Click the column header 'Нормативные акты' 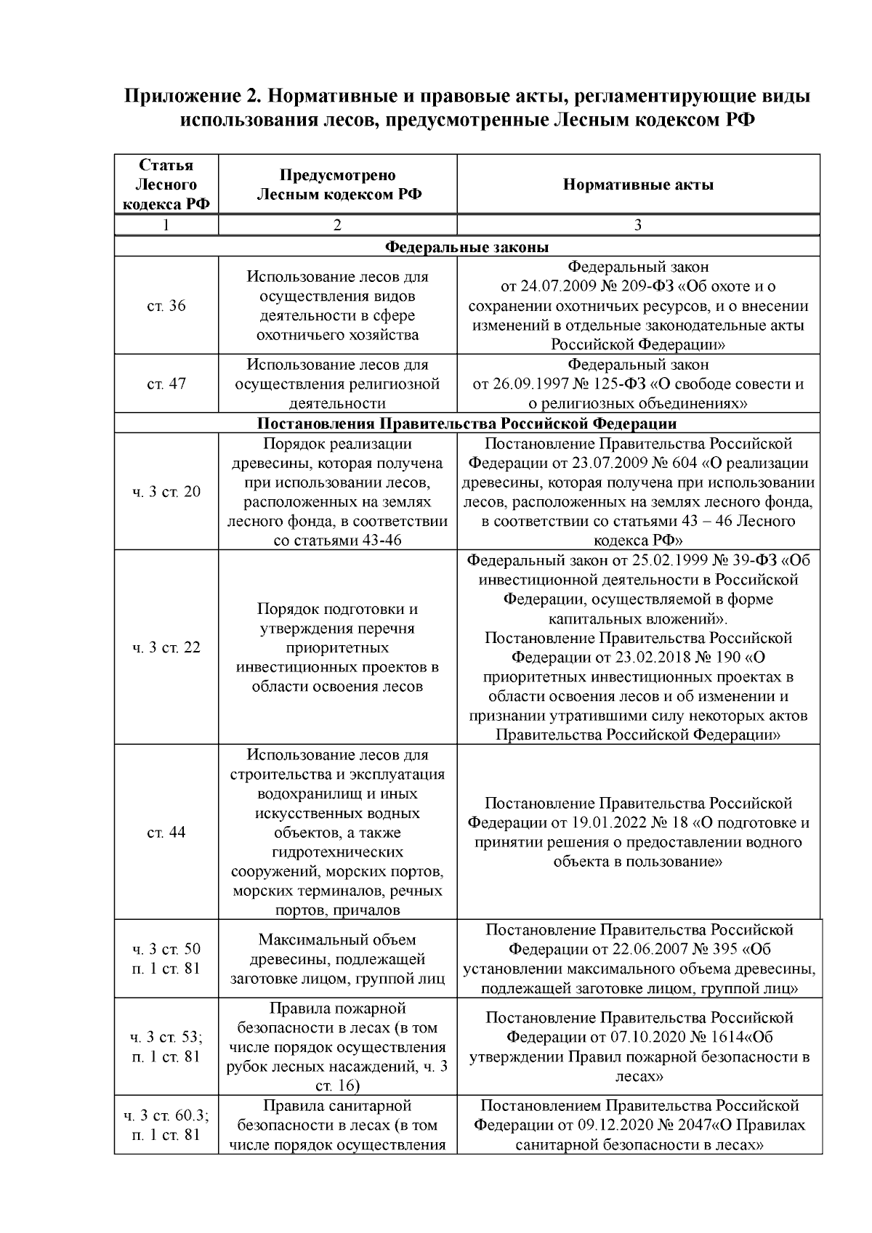(x=638, y=185)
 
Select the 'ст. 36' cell (x=166, y=306)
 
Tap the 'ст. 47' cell (x=166, y=384)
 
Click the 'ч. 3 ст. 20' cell (x=166, y=492)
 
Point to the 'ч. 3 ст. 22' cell (x=166, y=647)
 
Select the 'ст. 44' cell (x=166, y=833)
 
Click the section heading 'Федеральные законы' (x=467, y=247)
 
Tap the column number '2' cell (x=337, y=225)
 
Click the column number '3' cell (x=638, y=225)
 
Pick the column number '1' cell (x=166, y=225)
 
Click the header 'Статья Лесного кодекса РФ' (x=166, y=185)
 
